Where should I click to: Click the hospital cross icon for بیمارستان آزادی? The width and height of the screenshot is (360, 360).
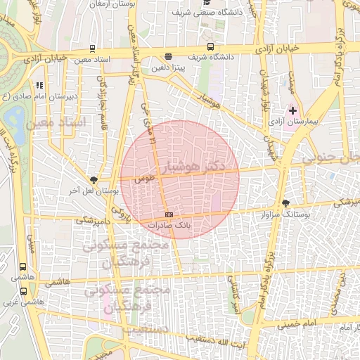coord(293,111)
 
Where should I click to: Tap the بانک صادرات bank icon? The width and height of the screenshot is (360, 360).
coord(168,214)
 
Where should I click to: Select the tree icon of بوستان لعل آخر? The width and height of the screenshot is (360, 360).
coord(94,180)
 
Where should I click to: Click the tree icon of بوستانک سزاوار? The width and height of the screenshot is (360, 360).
coord(285,203)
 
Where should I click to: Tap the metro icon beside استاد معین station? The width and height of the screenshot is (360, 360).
coord(93,49)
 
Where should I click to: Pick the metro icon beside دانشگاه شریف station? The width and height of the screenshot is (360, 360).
coord(167,57)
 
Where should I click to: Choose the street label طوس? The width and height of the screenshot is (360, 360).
coord(145,179)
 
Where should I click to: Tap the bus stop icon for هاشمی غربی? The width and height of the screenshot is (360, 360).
coord(24,290)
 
